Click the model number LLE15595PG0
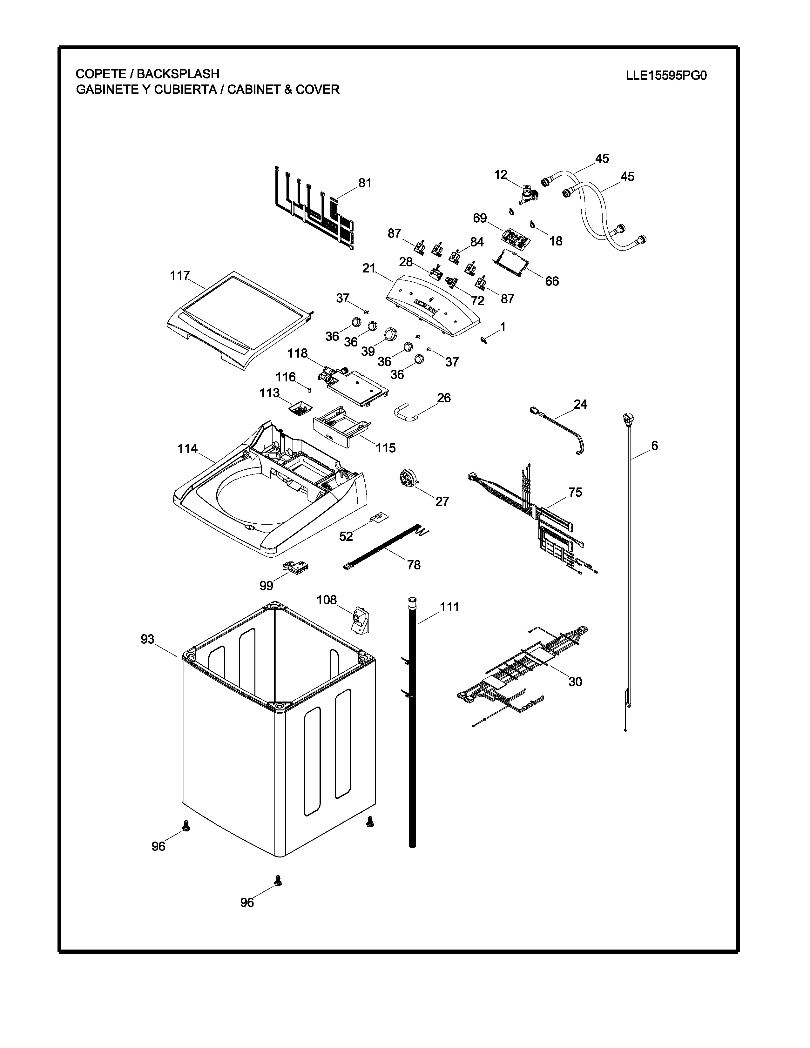(666, 76)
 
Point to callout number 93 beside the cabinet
(147, 639)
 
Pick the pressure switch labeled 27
(407, 478)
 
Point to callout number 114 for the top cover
(188, 449)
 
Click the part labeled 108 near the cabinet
(358, 620)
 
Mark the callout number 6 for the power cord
(655, 446)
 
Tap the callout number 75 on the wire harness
(575, 492)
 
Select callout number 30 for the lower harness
(575, 682)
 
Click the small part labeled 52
(378, 518)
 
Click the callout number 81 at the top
(365, 183)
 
